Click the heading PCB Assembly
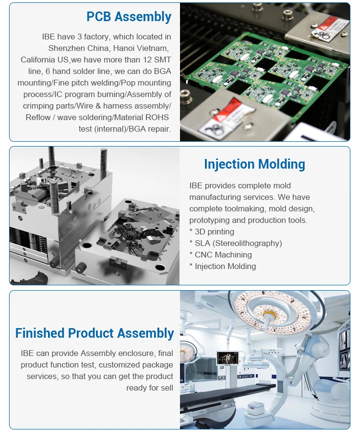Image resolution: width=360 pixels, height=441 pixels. tap(129, 17)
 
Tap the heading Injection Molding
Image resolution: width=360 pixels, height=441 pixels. tap(254, 164)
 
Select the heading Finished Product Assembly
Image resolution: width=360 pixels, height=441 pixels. tap(95, 333)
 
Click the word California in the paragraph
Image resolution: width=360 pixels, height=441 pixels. tap(37, 60)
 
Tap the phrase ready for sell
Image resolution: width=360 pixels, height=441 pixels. tap(149, 388)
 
